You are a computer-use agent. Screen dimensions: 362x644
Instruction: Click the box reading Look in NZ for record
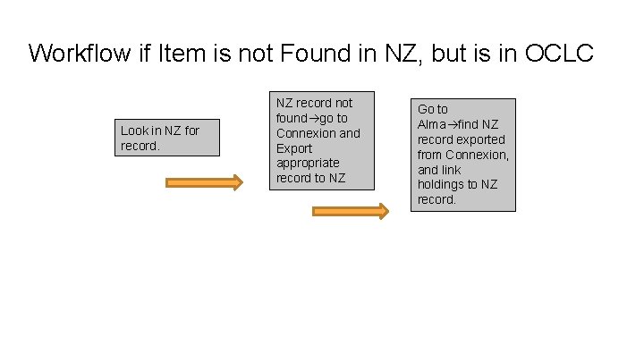(166, 138)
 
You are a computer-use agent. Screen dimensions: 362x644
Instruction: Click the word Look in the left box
(135, 130)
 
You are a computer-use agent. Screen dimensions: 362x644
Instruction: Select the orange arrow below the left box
(204, 183)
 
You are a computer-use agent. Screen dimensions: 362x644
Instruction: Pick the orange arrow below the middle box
(350, 212)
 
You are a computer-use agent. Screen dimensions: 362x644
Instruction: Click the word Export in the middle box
(295, 148)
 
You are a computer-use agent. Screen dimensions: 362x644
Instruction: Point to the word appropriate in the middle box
(308, 164)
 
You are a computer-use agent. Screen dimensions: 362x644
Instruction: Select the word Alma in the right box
(432, 124)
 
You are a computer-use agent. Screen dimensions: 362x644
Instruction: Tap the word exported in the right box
(481, 139)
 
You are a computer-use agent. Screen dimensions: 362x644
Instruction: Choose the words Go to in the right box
(433, 109)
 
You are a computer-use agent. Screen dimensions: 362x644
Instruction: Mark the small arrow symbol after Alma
(453, 124)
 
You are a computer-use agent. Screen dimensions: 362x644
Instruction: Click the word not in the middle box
(343, 103)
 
